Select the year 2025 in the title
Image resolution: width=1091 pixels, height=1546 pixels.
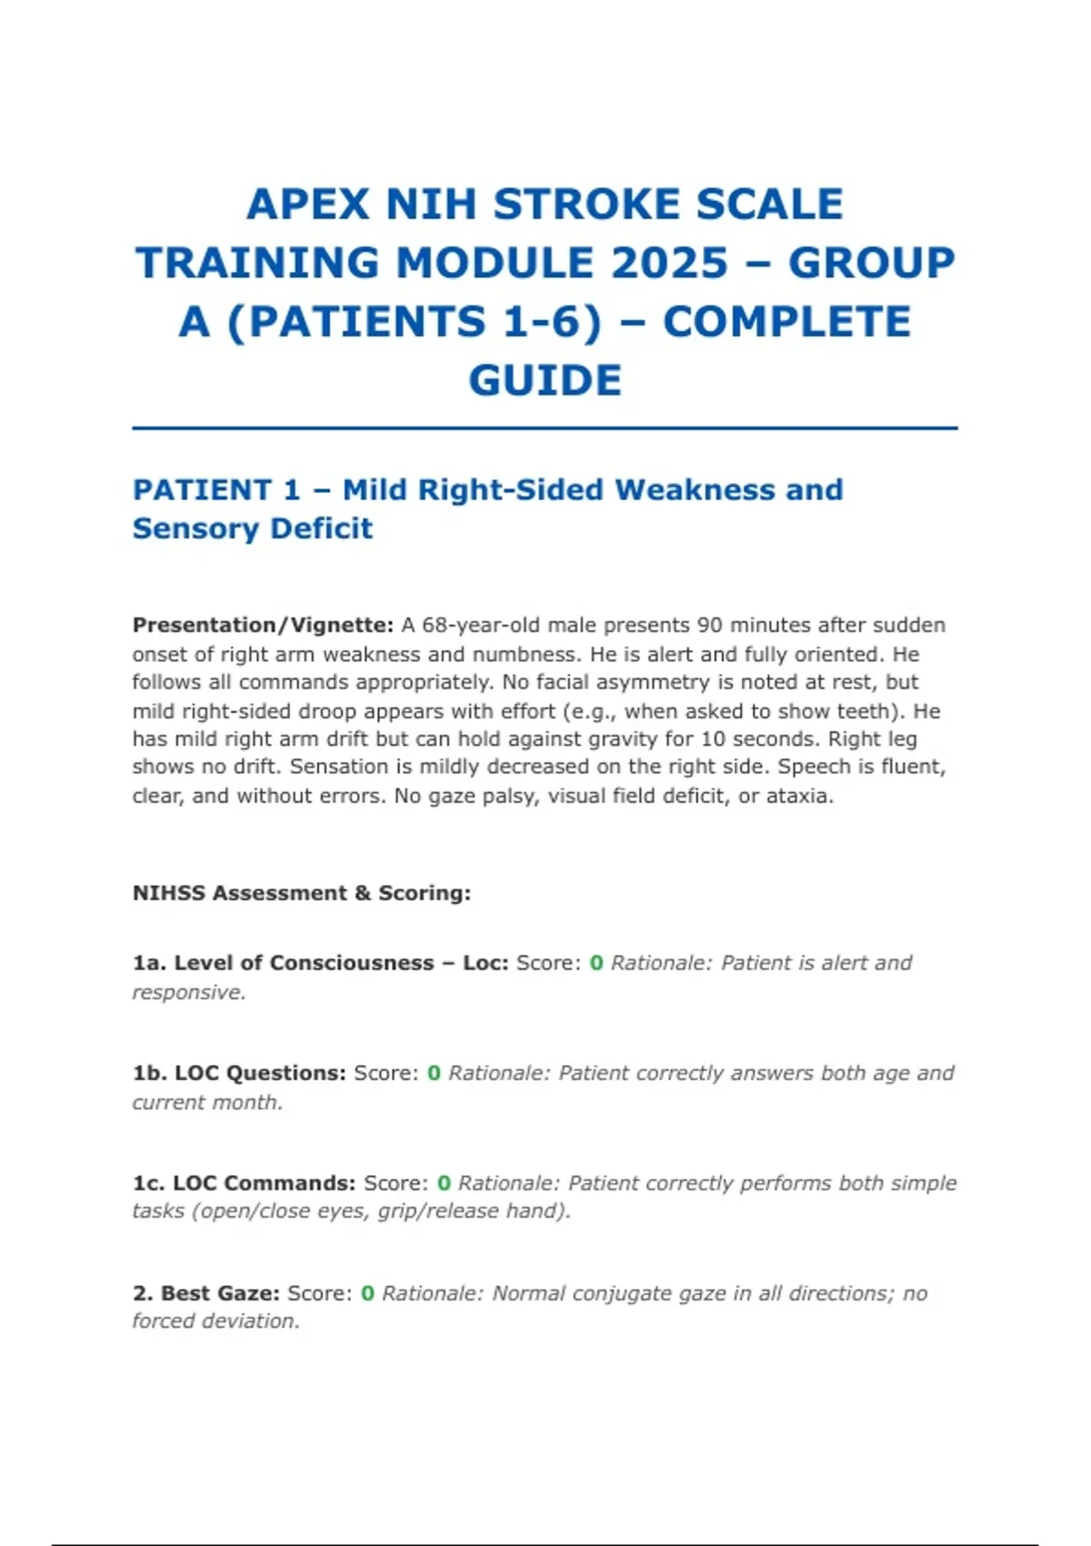pos(670,264)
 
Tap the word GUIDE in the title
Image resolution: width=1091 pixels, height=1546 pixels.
pos(545,380)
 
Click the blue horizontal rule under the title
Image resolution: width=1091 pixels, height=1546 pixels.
pos(545,427)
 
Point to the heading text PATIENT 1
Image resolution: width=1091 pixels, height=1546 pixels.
pos(216,490)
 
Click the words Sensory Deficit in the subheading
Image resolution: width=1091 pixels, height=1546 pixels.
pos(253,528)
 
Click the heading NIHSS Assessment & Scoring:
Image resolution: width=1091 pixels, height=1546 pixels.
pos(302,893)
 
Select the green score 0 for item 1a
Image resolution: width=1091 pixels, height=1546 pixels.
pos(596,963)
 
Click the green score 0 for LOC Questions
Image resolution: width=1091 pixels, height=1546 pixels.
pos(434,1073)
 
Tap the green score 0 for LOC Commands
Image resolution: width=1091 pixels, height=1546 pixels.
pos(444,1183)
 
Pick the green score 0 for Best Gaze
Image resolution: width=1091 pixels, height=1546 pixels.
pos(367,1293)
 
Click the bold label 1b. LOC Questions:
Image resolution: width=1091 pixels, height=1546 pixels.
pos(239,1073)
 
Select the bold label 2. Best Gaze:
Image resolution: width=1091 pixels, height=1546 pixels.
pos(206,1293)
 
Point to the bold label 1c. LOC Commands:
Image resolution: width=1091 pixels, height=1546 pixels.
pos(244,1183)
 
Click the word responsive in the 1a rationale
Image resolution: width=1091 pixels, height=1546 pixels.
pos(188,992)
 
